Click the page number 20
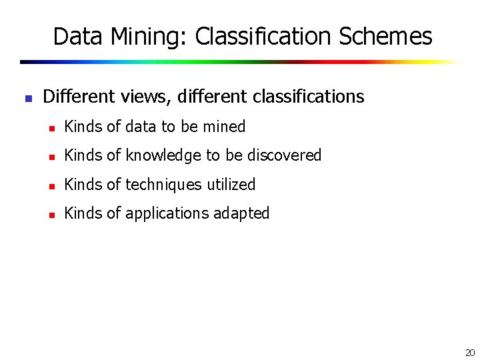click(470, 353)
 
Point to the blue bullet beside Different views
click(28, 98)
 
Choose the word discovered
click(285, 155)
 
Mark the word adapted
click(242, 214)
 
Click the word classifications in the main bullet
click(309, 97)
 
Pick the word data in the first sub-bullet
click(141, 126)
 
